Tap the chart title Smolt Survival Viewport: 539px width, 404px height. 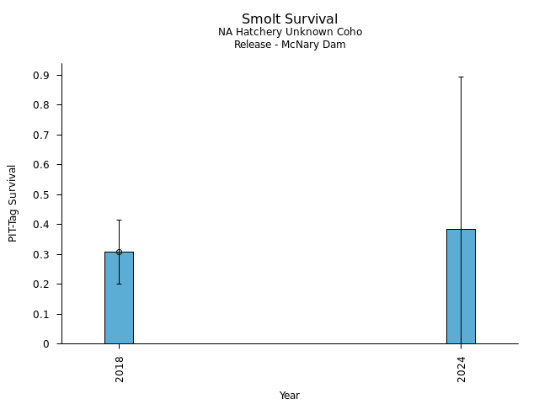pyautogui.click(x=290, y=19)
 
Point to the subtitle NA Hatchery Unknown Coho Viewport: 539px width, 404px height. pyautogui.click(x=290, y=32)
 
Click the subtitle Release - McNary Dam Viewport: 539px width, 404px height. pyautogui.click(x=290, y=45)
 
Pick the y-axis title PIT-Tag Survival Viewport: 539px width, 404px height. pyautogui.click(x=13, y=203)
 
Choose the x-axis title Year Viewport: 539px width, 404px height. pyautogui.click(x=290, y=396)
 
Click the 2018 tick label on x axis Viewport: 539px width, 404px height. pyautogui.click(x=120, y=369)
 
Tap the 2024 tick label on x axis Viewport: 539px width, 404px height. pyautogui.click(x=462, y=369)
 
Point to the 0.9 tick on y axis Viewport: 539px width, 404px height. pyautogui.click(x=42, y=76)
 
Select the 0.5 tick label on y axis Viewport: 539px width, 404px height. pyautogui.click(x=42, y=194)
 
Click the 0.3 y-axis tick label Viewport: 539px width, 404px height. pyautogui.click(x=42, y=254)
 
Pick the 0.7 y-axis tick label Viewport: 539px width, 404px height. pyautogui.click(x=42, y=135)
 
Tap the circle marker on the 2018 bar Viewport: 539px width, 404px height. pyautogui.click(x=119, y=252)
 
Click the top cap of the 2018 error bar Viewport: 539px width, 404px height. pyautogui.click(x=119, y=220)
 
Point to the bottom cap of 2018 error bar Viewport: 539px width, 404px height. pyautogui.click(x=119, y=284)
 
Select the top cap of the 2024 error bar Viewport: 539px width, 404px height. pyautogui.click(x=461, y=77)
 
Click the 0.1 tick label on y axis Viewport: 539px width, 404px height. pyautogui.click(x=42, y=314)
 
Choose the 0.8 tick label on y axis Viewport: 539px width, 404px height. pyautogui.click(x=42, y=105)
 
